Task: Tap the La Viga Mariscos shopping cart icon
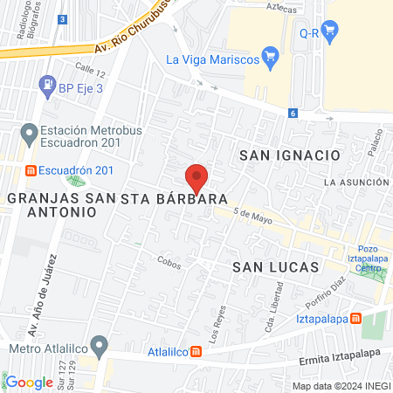click(x=271, y=59)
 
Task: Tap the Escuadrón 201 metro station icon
click(x=31, y=170)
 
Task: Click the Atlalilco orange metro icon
click(x=197, y=352)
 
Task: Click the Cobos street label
click(x=169, y=260)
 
